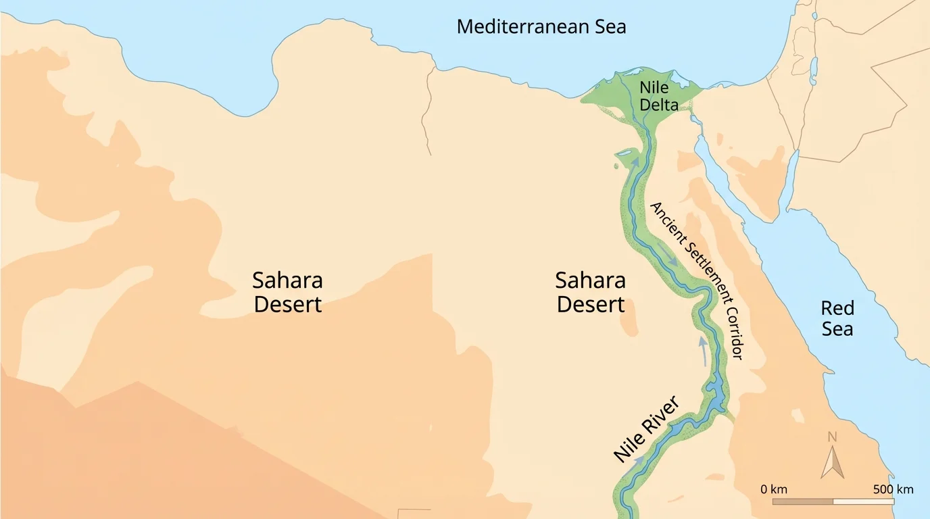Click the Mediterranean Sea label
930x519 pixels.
tap(541, 27)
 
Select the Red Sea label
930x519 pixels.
tap(837, 318)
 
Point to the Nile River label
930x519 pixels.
tap(645, 430)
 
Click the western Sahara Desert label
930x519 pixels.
tap(287, 292)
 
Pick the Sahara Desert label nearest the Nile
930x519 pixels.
tap(590, 292)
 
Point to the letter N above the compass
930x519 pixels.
tap(832, 437)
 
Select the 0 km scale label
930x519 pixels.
tap(773, 489)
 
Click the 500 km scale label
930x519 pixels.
tap(892, 489)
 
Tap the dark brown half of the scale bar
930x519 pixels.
tap(803, 501)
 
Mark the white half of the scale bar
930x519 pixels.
tap(864, 501)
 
